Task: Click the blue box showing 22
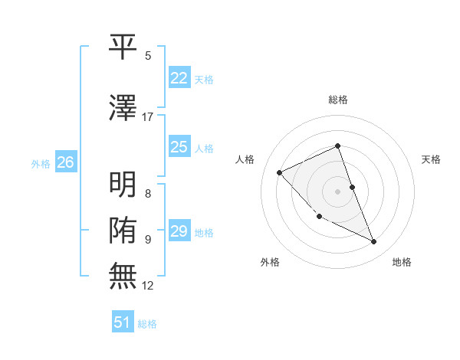pyautogui.click(x=179, y=77)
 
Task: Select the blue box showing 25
pyautogui.click(x=179, y=147)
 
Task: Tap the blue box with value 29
pyautogui.click(x=179, y=231)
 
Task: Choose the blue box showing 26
pyautogui.click(x=65, y=162)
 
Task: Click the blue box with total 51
pyautogui.click(x=123, y=322)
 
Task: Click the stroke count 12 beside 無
pyautogui.click(x=148, y=286)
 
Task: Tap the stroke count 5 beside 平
pyautogui.click(x=148, y=56)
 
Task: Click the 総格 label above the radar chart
pyautogui.click(x=338, y=100)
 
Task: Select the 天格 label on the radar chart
pyautogui.click(x=432, y=159)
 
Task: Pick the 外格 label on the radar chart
pyautogui.click(x=270, y=262)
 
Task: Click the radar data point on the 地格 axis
pyautogui.click(x=374, y=242)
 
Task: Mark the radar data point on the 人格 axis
pyautogui.click(x=280, y=172)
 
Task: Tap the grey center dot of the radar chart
pyautogui.click(x=338, y=191)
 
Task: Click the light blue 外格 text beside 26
pyautogui.click(x=40, y=164)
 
